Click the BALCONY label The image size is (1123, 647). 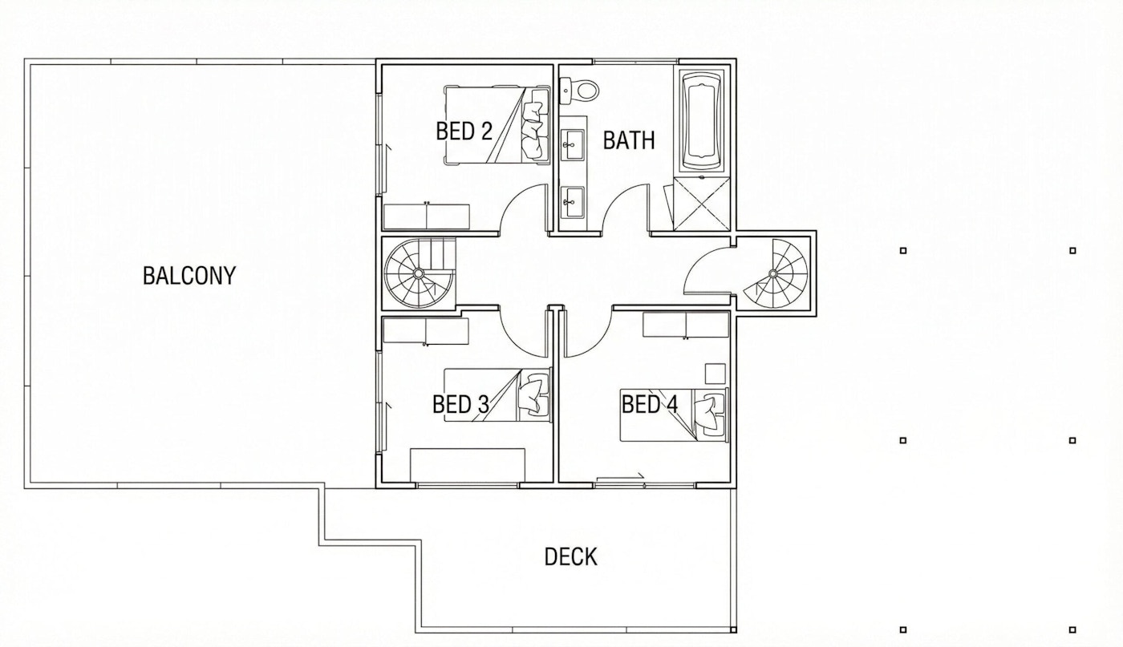[189, 276]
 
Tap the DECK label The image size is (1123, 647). [570, 556]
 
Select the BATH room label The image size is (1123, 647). [629, 140]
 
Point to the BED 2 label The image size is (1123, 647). [464, 131]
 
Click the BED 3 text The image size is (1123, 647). [460, 405]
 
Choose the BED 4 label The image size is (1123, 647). [650, 405]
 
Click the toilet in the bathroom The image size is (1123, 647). [579, 90]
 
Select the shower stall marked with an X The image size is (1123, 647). [701, 204]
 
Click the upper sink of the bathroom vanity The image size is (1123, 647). [573, 146]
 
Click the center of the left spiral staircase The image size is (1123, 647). [418, 273]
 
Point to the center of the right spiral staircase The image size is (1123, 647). [772, 274]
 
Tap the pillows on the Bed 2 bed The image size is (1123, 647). [533, 127]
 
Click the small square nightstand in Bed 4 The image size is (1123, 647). [715, 374]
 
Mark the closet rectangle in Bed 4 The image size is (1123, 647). [686, 326]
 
